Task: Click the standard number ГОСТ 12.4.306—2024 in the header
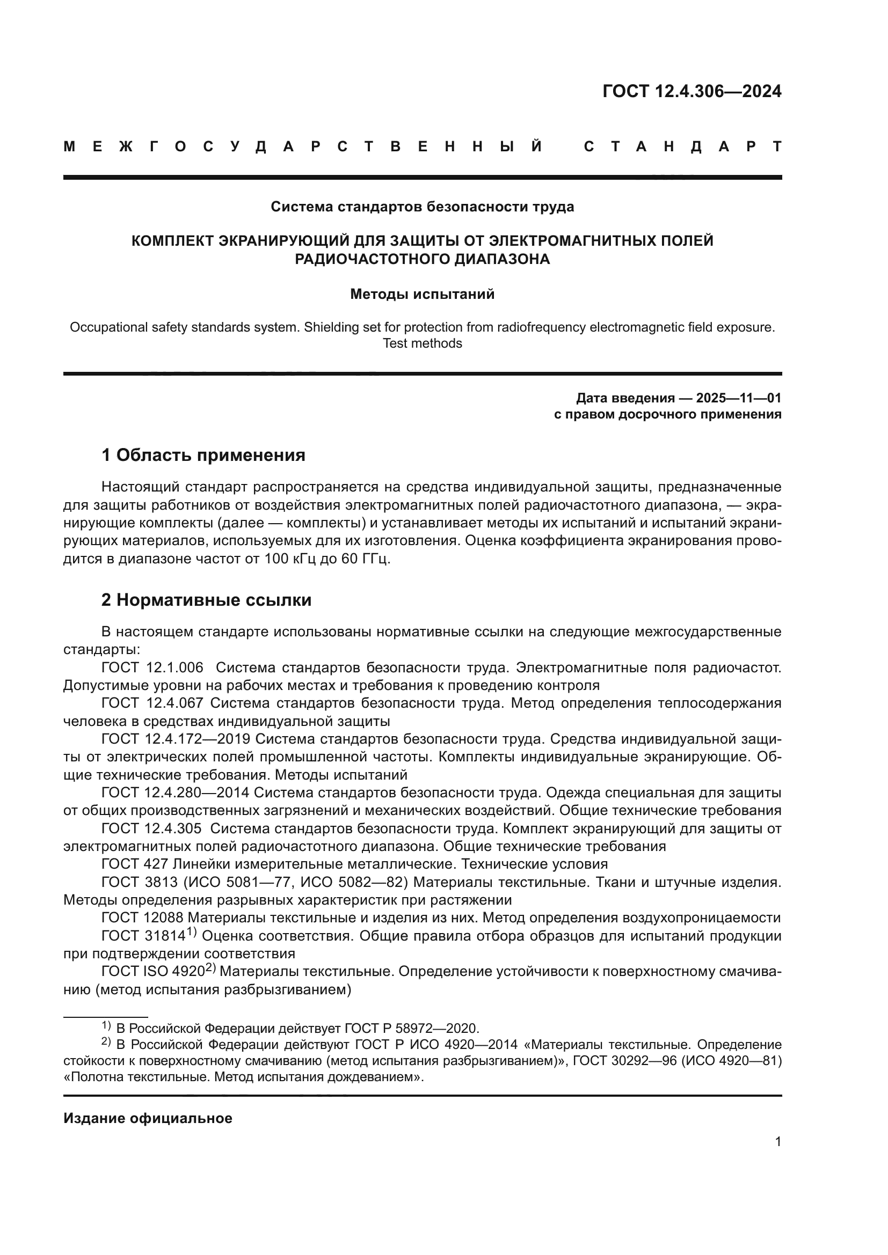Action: pos(692,91)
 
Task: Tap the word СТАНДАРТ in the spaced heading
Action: pos(682,147)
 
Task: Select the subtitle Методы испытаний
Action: pos(422,294)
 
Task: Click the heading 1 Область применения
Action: pos(203,455)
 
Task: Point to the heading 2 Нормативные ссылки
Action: pos(206,600)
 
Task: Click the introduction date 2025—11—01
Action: pos(738,398)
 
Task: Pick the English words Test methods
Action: pos(422,343)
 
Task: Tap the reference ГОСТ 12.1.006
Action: pos(152,667)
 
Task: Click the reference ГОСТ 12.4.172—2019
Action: pos(176,739)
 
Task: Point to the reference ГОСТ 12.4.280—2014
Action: pos(176,792)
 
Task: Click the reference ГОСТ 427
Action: pos(135,864)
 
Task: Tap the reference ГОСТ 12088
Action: pos(142,918)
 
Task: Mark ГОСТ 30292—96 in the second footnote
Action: pos(624,1061)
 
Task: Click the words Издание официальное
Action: pos(148,1118)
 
